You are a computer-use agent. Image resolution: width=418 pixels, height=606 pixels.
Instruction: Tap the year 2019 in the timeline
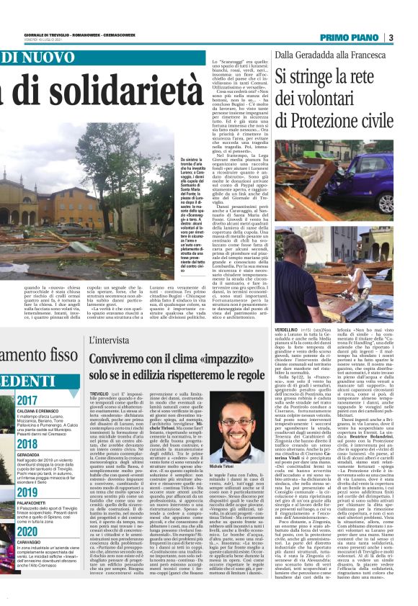[27, 493]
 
